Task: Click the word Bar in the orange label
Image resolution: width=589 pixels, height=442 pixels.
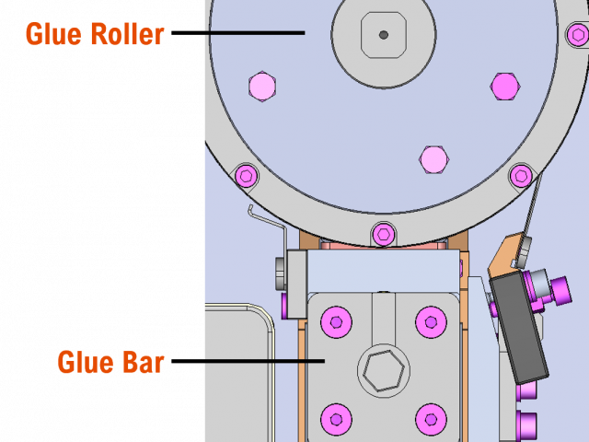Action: pos(143,362)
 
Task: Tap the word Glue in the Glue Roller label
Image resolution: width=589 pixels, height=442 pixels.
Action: pos(52,35)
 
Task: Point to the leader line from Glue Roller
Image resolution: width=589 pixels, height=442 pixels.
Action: pos(254,33)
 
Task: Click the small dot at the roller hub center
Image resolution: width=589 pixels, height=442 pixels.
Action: pos(383,35)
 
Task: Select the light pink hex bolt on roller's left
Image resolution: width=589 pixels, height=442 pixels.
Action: pos(262,87)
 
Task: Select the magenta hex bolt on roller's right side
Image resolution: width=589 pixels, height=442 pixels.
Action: pos(504,87)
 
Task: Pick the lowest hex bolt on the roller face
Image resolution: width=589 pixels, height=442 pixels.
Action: pos(433,159)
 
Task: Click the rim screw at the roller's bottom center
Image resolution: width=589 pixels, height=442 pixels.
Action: pos(384,234)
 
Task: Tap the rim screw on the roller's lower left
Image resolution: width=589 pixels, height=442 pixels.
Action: pos(246,175)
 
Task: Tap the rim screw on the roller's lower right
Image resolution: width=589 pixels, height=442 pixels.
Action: pos(521,175)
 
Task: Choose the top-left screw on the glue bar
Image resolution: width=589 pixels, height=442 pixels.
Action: pos(336,322)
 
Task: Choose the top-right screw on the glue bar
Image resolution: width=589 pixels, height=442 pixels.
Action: pos(431,322)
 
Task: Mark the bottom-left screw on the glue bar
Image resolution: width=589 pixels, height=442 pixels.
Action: pos(336,419)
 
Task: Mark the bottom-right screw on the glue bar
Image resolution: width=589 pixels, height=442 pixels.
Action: pos(431,419)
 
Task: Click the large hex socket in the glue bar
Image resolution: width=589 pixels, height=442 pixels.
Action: pos(383,370)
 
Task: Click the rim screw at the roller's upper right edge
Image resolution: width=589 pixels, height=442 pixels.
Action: pos(576,35)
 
